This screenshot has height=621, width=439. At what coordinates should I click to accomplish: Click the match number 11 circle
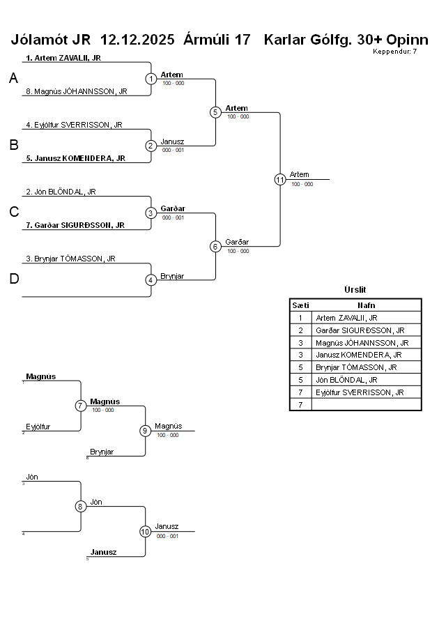coord(280,179)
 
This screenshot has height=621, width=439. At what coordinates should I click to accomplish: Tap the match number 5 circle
coord(215,112)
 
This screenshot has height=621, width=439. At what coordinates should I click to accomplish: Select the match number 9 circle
coord(145,431)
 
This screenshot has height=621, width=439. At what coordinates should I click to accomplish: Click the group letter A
coord(13,79)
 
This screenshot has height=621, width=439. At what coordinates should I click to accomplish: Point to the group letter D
coord(13,279)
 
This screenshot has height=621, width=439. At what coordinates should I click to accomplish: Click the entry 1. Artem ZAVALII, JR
coord(63,58)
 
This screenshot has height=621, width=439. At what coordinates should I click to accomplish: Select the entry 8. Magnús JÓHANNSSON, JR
coord(76,91)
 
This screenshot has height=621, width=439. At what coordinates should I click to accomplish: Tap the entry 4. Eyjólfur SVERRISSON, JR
coord(74,125)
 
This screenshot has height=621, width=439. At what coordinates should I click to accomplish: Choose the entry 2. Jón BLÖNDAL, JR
coord(61,192)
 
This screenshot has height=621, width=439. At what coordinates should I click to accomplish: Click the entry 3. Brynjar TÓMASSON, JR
coord(70,259)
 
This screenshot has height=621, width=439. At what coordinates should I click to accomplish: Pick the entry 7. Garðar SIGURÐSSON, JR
coord(75,225)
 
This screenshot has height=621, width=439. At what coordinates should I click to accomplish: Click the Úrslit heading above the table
coord(355,290)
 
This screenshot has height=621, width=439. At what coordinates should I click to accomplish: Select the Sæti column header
coord(300,305)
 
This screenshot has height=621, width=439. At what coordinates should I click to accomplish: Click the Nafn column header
coord(367,305)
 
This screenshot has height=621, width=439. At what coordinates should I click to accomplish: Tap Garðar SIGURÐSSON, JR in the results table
coord(360,330)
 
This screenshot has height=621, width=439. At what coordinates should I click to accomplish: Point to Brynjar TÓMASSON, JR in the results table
coord(356,367)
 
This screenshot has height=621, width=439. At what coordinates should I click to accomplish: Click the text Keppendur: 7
coord(395,52)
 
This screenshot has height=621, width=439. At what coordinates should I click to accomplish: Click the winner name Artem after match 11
coord(300,175)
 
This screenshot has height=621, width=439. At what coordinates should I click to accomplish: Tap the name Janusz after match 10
coord(167,527)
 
